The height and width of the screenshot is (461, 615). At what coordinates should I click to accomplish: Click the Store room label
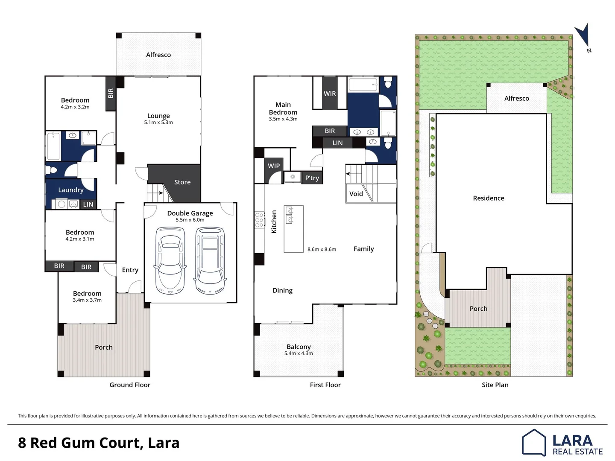point(182,182)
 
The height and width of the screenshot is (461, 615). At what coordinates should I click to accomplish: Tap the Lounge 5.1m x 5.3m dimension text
point(158,123)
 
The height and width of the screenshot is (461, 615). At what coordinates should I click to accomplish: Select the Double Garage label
point(190,213)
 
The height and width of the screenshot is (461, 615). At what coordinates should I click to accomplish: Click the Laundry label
point(71,190)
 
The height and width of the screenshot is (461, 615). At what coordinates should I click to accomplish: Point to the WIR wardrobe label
point(330,94)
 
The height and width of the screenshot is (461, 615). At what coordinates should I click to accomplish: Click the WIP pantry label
point(274,166)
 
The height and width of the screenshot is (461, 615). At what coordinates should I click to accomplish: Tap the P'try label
point(312,178)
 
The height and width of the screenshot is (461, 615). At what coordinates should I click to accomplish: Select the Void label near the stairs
point(356,194)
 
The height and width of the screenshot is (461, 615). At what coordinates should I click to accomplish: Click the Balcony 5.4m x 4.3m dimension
point(299,353)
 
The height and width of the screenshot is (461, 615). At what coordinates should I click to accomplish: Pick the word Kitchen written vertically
point(274,222)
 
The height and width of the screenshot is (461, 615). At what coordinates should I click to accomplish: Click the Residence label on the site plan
point(489,198)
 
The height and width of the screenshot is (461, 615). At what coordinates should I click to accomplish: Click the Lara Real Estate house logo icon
point(534,443)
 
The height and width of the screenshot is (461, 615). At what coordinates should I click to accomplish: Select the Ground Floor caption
point(130,385)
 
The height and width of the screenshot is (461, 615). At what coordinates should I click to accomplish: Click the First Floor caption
point(325,385)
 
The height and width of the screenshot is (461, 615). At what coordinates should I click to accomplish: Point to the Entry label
point(130,270)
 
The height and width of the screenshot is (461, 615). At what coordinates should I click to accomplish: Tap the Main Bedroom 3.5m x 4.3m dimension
point(283,119)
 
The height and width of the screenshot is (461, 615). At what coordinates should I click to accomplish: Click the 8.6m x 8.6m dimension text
point(322,249)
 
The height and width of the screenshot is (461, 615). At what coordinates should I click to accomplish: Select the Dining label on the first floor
point(282,291)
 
